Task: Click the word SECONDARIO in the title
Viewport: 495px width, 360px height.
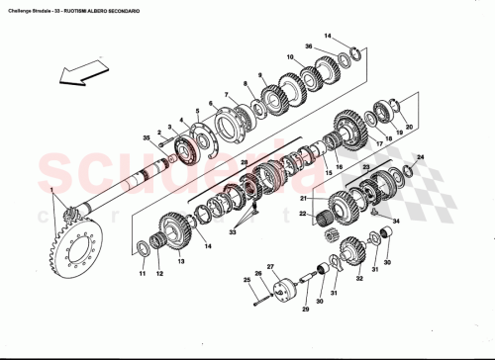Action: tap(145, 9)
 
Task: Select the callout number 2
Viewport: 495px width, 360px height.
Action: tap(158, 119)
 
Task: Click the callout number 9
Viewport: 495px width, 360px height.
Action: tap(259, 76)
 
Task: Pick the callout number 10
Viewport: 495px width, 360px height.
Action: tap(290, 57)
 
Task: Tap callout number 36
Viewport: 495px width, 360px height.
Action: tap(309, 47)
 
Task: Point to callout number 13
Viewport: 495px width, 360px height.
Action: tap(181, 264)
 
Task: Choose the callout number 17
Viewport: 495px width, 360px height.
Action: tap(378, 144)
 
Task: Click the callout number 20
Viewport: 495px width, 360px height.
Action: tap(409, 127)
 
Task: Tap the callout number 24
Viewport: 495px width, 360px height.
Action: tap(420, 157)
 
